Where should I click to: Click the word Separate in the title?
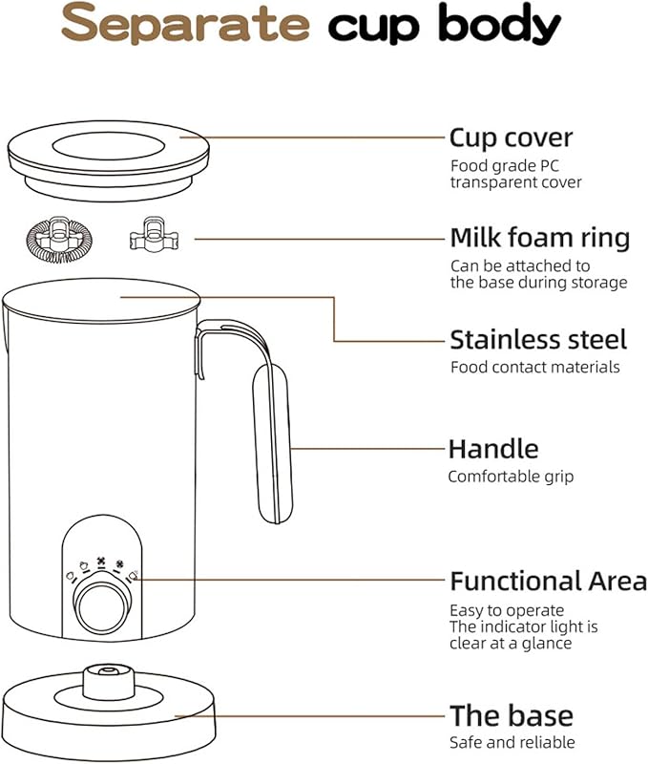tap(185, 25)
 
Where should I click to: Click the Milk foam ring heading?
tap(540, 237)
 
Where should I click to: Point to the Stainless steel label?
tap(538, 340)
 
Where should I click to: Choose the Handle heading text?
tap(493, 449)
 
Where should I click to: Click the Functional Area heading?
tap(548, 581)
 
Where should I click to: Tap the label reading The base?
tap(511, 715)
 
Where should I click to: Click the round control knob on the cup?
tap(100, 606)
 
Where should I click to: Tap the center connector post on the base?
tap(102, 680)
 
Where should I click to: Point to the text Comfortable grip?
tap(511, 476)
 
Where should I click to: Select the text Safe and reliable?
tap(512, 742)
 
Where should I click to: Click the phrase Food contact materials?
tap(534, 367)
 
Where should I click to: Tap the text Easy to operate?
tap(507, 609)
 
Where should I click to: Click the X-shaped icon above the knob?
tap(101, 562)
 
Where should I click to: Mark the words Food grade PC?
tap(496, 165)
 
